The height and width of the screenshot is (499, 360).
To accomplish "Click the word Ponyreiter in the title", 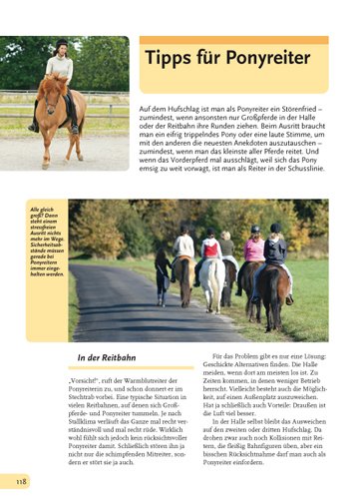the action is (267, 58).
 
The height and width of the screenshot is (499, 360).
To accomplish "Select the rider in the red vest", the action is (211, 247).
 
